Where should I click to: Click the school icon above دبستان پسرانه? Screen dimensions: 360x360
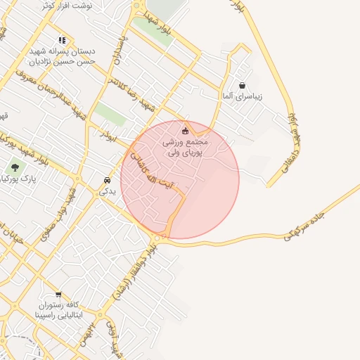(62, 40)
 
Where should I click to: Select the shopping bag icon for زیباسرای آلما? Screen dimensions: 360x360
(242, 85)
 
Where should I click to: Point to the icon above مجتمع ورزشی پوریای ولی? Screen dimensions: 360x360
(186, 130)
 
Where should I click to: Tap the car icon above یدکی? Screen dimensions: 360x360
(106, 179)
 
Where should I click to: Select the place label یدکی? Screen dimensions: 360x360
(106, 190)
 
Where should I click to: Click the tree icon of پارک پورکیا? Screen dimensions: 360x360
(15, 167)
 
